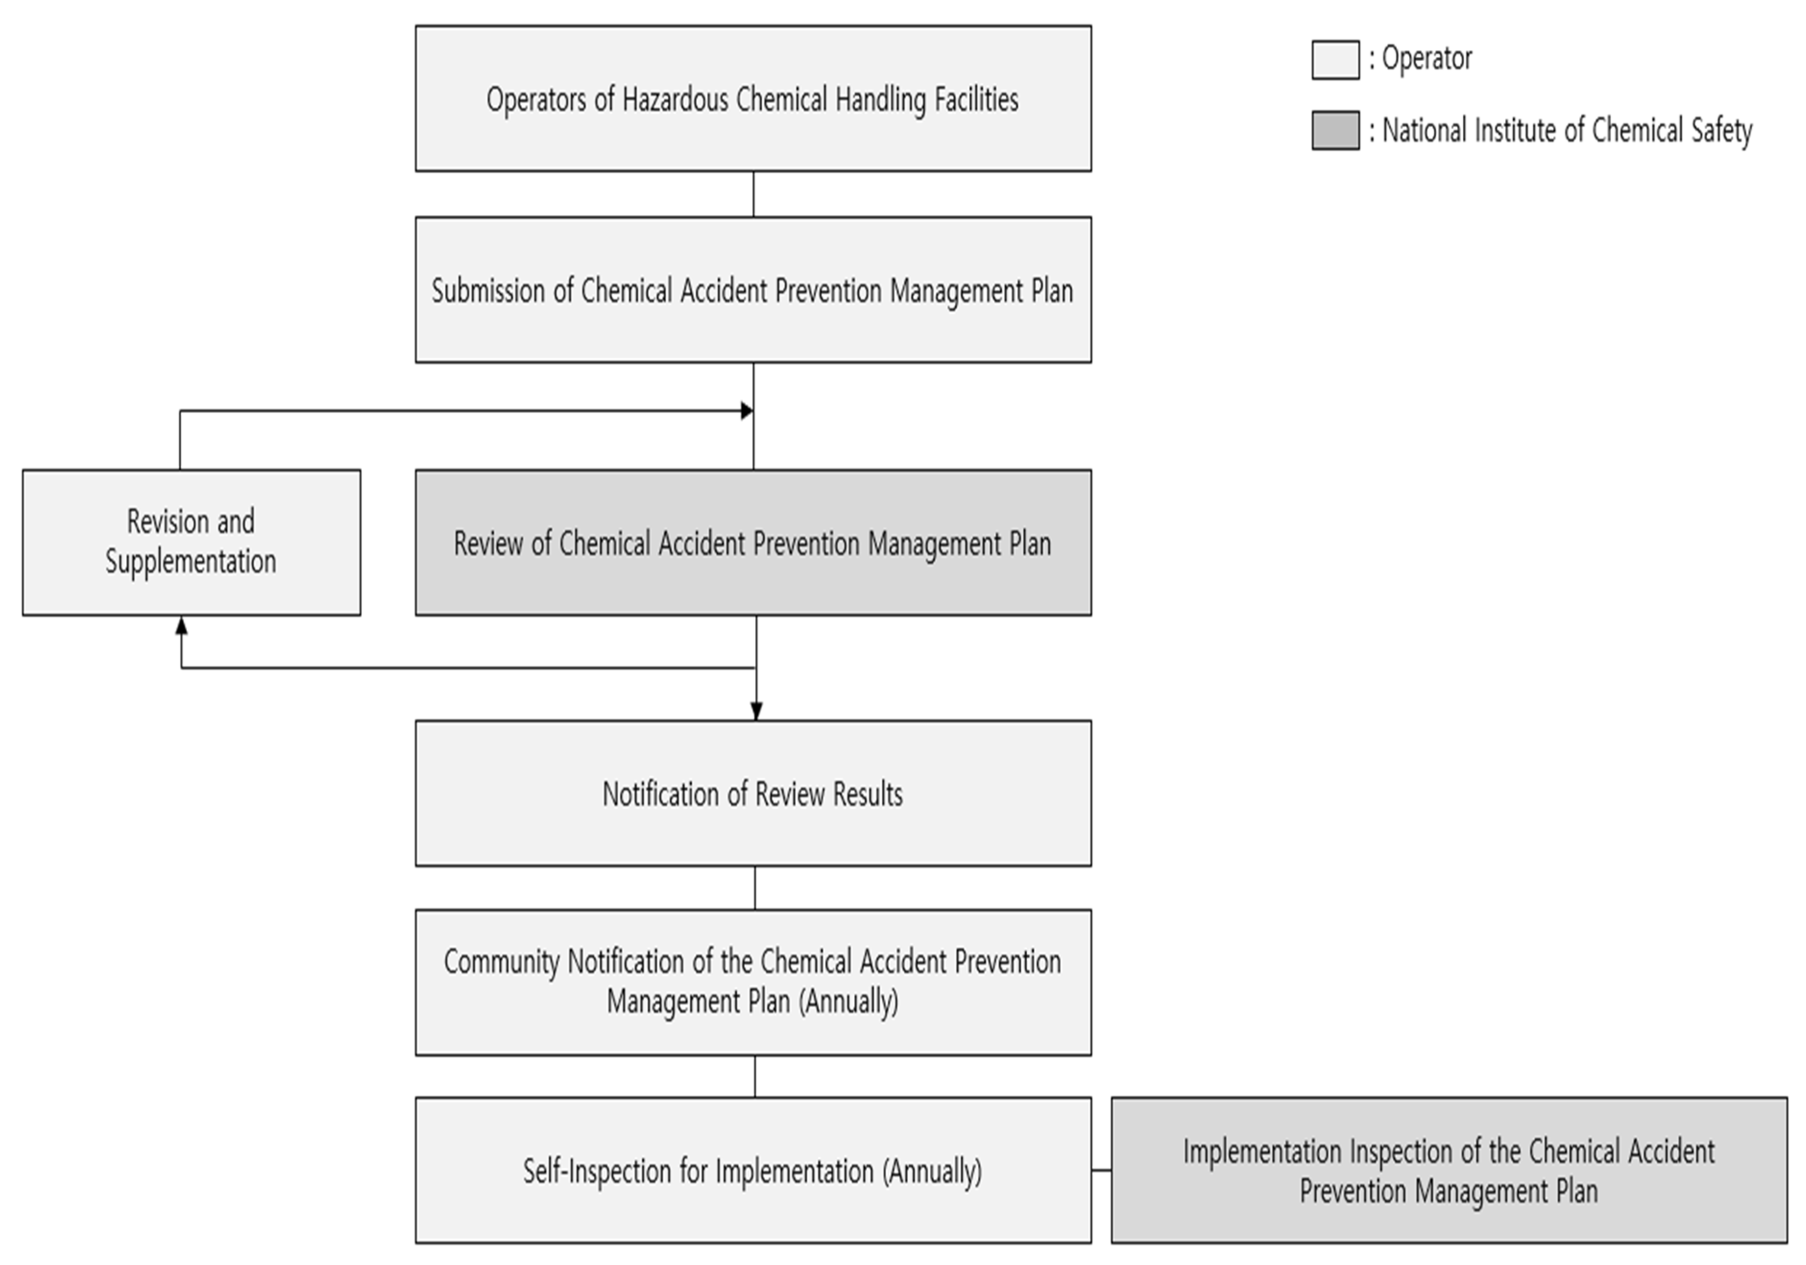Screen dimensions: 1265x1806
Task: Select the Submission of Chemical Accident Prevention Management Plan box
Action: coord(753,290)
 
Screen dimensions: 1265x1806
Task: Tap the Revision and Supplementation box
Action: coord(191,543)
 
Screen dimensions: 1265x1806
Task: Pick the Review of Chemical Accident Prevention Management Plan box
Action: coord(753,543)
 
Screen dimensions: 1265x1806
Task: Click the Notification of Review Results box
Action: coord(753,793)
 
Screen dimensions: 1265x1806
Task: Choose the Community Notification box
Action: coord(753,982)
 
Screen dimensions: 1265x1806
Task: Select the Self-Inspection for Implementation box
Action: coord(753,1170)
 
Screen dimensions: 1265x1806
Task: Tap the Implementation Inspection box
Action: coord(1449,1170)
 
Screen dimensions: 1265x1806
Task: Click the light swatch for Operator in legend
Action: coord(1335,60)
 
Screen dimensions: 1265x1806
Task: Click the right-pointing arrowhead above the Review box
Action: coord(746,411)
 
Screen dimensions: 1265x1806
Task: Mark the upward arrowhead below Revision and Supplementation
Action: coord(182,626)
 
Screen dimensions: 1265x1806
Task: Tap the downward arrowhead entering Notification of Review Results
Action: coord(756,711)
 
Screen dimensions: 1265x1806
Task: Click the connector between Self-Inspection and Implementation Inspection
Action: coord(1101,1170)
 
